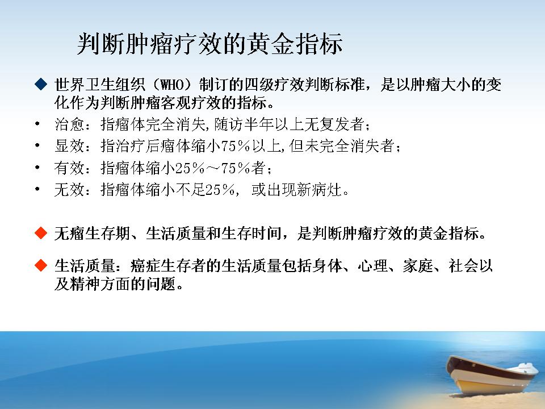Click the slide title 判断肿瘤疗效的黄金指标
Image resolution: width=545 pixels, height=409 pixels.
pos(209,44)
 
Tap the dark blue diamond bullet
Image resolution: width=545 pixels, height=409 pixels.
pos(41,84)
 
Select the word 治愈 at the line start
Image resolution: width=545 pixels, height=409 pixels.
pos(69,124)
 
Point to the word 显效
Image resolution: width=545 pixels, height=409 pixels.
pos(69,146)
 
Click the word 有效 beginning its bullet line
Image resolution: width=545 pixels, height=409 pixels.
pos(69,168)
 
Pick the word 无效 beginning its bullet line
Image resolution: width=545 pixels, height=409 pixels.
pos(69,190)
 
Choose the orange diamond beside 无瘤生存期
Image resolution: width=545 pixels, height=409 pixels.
pos(41,233)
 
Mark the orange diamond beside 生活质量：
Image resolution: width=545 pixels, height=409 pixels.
pos(41,265)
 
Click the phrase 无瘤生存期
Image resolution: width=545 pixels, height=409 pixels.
pos(92,233)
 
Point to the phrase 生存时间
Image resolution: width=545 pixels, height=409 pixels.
pos(251,233)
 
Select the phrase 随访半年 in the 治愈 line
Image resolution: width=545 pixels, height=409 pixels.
pos(244,124)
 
